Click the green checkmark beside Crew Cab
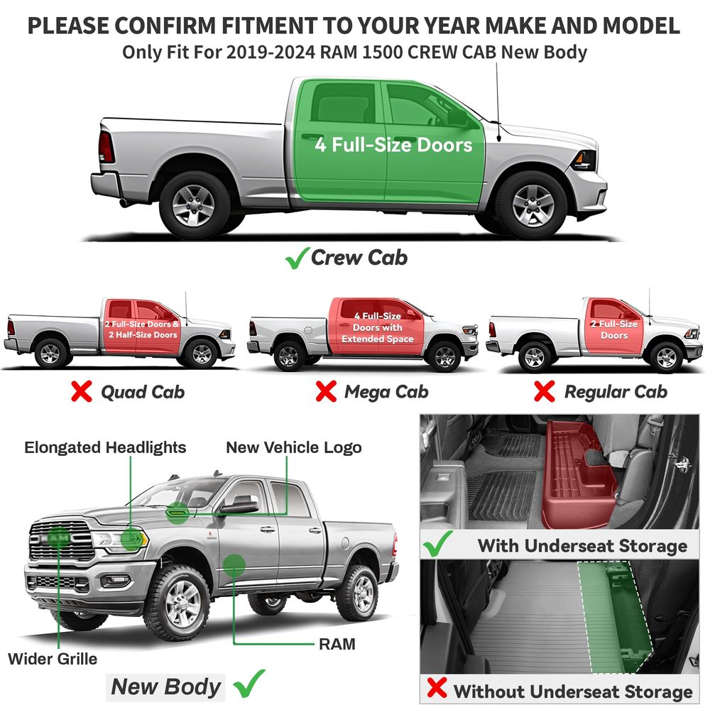(297, 258)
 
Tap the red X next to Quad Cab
(82, 391)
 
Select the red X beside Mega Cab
(326, 391)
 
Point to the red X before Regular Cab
(545, 391)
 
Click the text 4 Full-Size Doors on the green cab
(393, 145)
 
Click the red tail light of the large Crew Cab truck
(106, 147)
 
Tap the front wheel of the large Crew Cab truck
(533, 205)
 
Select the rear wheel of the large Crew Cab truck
(193, 205)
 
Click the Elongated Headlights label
(105, 447)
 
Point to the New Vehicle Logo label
(294, 447)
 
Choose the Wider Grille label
(53, 659)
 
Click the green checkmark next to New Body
(248, 684)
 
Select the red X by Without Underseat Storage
(437, 687)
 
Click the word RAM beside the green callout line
(337, 644)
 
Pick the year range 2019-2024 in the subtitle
(271, 53)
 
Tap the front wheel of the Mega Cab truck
(444, 356)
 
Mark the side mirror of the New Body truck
(238, 504)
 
